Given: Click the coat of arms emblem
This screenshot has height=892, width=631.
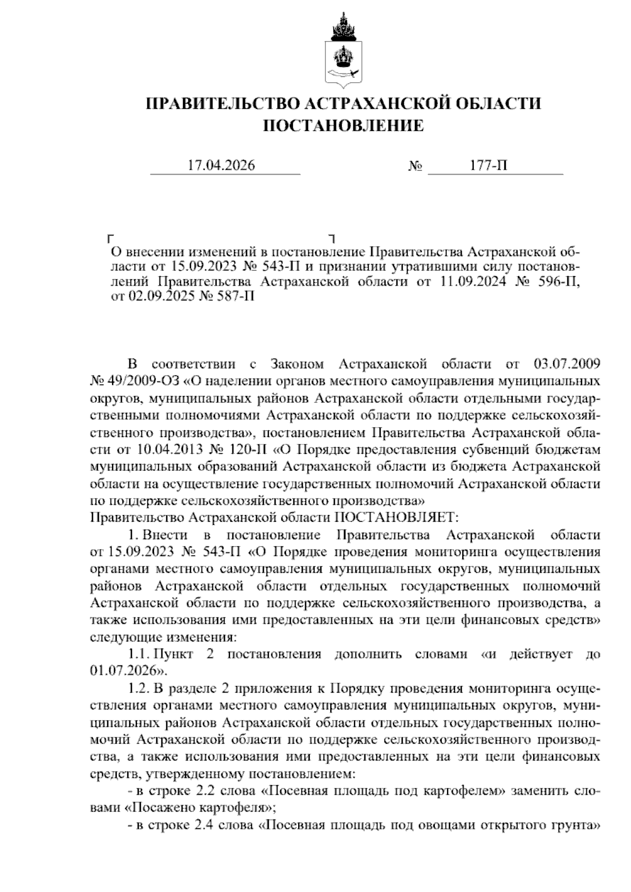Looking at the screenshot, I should click(343, 50).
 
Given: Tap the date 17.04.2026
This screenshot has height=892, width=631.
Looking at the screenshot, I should click(221, 166).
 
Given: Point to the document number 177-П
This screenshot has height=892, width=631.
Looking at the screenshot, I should click(489, 166).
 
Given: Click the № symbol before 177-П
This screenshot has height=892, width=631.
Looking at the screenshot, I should click(415, 167).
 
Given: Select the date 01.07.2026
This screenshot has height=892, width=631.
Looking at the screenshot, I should click(123, 670).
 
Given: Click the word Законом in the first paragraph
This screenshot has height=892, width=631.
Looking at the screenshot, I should click(298, 364).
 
